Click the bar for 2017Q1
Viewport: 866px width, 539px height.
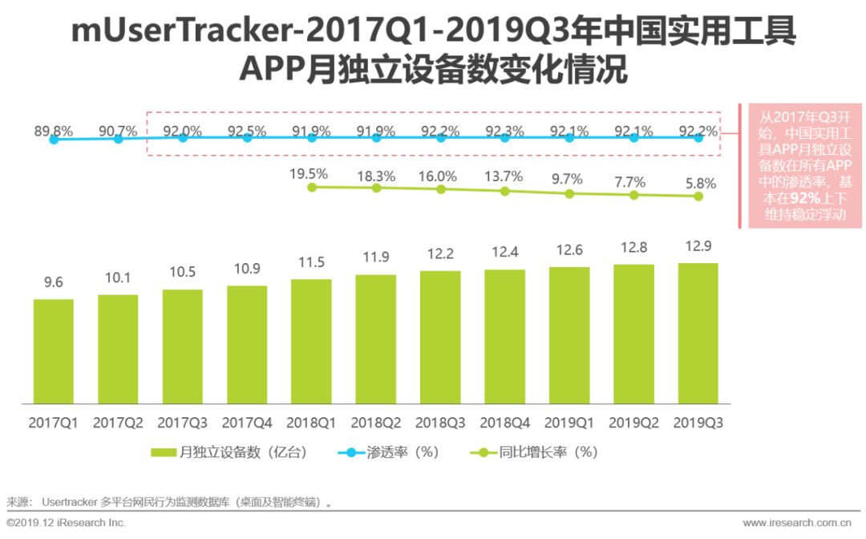[54, 351]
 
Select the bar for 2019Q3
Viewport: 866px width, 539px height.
[698, 333]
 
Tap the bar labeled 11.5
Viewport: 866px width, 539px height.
[311, 341]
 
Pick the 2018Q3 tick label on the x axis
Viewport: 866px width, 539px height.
[440, 422]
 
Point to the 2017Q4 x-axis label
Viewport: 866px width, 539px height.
[247, 422]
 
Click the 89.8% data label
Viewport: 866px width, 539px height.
[54, 130]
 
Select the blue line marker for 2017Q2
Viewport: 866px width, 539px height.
[119, 139]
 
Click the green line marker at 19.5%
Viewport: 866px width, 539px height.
[312, 187]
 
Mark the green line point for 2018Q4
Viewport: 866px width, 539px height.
[505, 191]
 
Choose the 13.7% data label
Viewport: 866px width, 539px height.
[504, 176]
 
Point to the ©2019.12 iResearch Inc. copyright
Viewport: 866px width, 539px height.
[67, 523]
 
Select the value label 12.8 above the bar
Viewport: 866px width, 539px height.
[633, 248]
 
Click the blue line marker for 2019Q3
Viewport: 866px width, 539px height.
[698, 137]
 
